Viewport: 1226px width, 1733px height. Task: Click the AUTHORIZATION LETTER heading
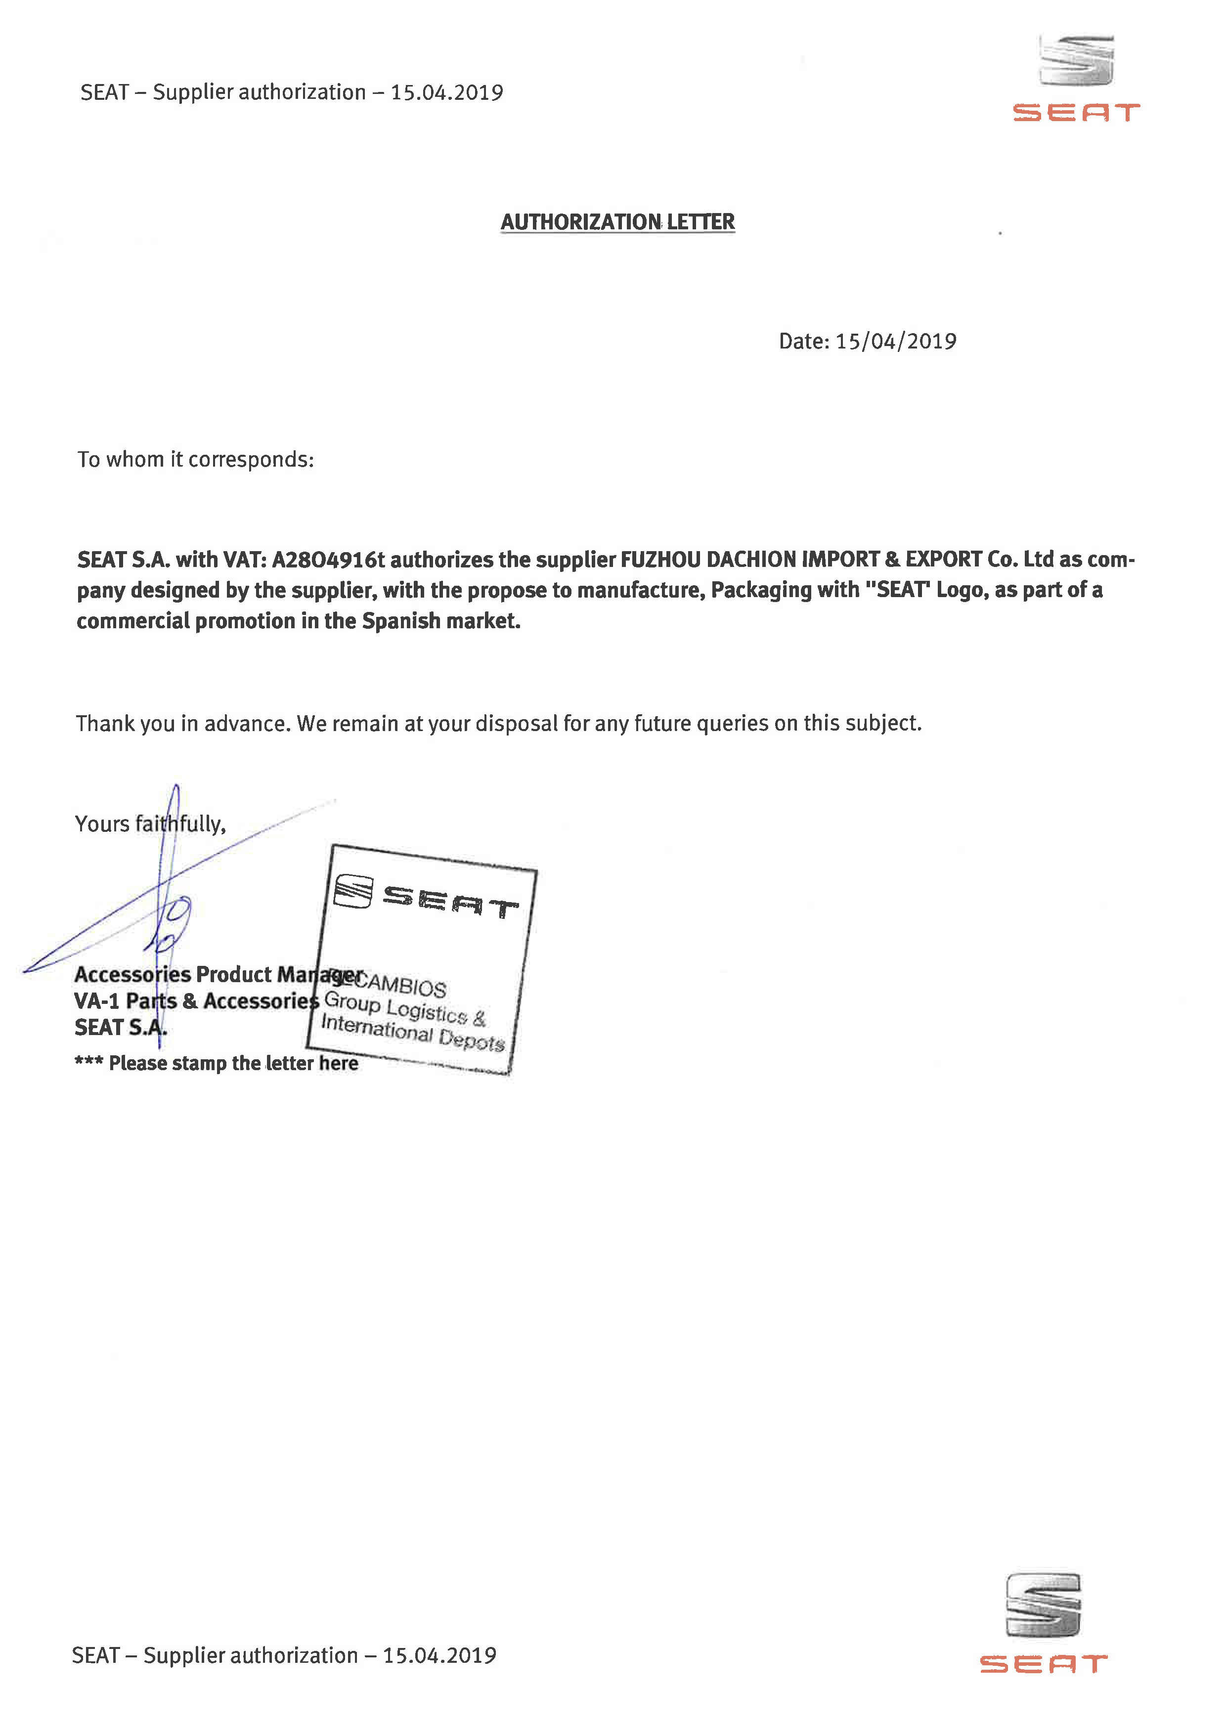tap(617, 222)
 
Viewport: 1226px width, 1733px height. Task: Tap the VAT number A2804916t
tap(328, 560)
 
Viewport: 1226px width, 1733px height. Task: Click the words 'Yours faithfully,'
tap(150, 823)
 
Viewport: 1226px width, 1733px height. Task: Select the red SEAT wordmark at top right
tap(1076, 113)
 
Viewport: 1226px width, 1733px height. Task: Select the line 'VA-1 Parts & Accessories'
tap(196, 1001)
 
